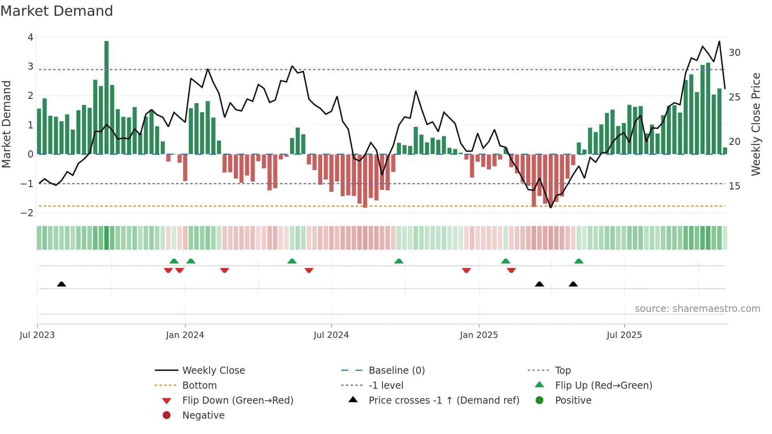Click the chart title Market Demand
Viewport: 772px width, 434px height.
(x=57, y=11)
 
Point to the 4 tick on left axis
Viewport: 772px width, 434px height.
(x=30, y=37)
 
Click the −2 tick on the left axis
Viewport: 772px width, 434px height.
(x=27, y=213)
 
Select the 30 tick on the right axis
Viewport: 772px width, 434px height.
(x=735, y=53)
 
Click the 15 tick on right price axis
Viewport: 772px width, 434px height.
(x=735, y=186)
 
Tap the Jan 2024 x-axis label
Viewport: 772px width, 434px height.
(x=185, y=335)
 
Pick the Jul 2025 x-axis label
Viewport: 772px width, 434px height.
(x=624, y=335)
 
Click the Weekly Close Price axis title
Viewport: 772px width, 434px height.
(x=755, y=124)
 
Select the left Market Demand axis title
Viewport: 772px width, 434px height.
(x=6, y=124)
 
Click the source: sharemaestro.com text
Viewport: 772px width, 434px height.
(x=697, y=309)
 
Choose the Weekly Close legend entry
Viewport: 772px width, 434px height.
(x=213, y=371)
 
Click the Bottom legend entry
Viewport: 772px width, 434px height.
(x=199, y=386)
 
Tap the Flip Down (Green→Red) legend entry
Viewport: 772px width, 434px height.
(x=238, y=401)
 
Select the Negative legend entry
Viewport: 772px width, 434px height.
(x=203, y=415)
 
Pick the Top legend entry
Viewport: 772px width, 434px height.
(x=563, y=371)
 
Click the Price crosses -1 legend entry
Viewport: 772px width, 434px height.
(x=444, y=401)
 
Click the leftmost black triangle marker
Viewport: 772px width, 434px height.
(x=61, y=284)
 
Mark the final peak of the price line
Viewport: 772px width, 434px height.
(x=719, y=41)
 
